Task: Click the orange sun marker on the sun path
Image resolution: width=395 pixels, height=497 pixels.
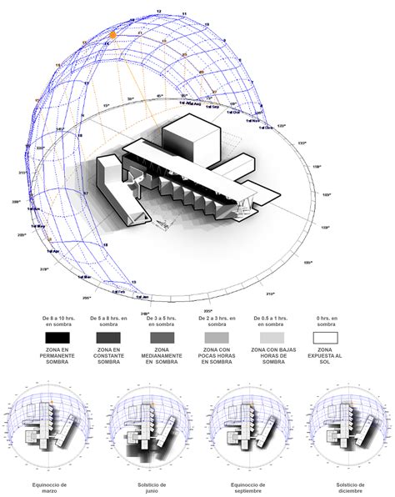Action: point(113,36)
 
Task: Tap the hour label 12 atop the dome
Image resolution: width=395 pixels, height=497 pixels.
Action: point(158,11)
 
